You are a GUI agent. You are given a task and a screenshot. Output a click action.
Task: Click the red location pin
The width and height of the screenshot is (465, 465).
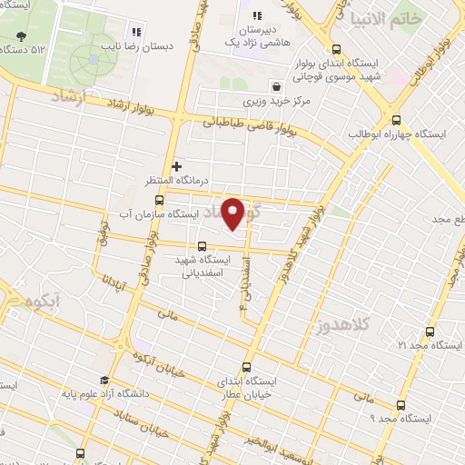click(233, 213)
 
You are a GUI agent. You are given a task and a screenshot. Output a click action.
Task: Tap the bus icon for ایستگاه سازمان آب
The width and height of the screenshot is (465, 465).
click(160, 200)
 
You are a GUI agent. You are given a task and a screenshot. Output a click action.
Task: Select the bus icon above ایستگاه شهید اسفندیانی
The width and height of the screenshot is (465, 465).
click(202, 245)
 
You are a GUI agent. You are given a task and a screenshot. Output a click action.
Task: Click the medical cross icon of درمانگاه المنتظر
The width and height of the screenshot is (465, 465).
click(177, 166)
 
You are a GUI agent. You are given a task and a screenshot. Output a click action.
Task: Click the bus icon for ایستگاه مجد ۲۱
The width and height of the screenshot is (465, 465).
click(429, 331)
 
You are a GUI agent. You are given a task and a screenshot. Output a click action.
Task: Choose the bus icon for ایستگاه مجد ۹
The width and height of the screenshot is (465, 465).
click(400, 406)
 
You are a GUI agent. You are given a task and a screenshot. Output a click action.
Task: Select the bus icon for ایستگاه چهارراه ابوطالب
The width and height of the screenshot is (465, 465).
click(396, 120)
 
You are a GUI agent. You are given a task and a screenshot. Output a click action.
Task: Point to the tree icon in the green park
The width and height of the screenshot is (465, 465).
click(21, 37)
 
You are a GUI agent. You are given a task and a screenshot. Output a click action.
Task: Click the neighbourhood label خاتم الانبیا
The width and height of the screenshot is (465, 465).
click(386, 18)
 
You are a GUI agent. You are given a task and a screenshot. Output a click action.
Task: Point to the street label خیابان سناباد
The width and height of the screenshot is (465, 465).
click(131, 420)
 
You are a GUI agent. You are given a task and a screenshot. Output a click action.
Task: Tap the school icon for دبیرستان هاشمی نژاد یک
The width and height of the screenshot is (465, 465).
click(257, 15)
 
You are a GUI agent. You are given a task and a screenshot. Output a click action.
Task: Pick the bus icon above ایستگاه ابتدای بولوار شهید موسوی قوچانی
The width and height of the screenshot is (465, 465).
click(337, 51)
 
